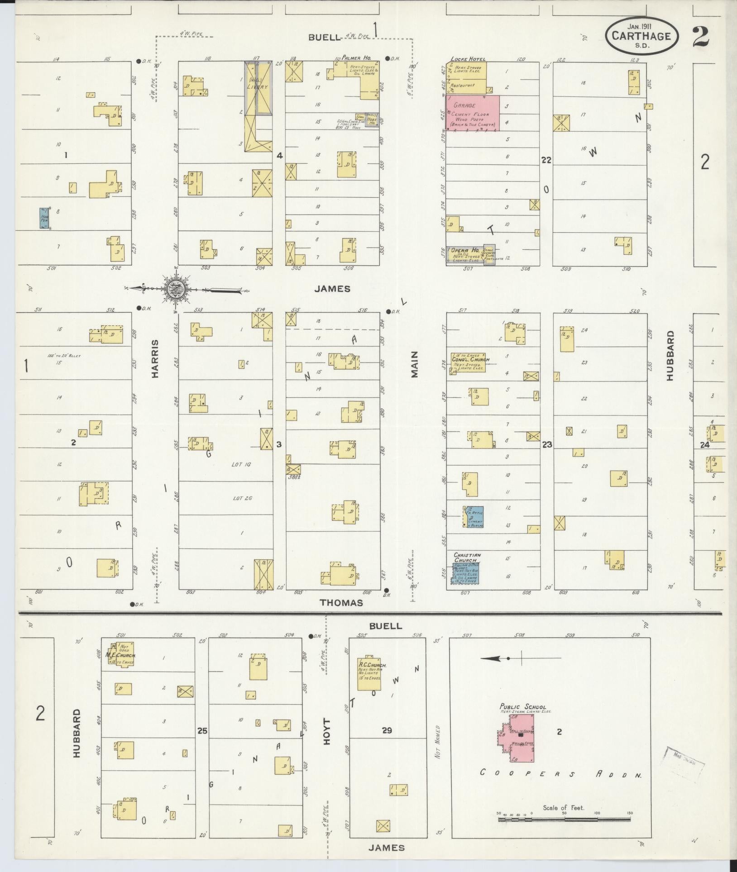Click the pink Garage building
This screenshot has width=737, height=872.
472,113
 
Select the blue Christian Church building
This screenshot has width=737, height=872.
467,572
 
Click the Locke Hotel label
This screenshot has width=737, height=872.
468,59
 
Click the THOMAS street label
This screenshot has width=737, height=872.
341,603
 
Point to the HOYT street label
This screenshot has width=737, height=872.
328,731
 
